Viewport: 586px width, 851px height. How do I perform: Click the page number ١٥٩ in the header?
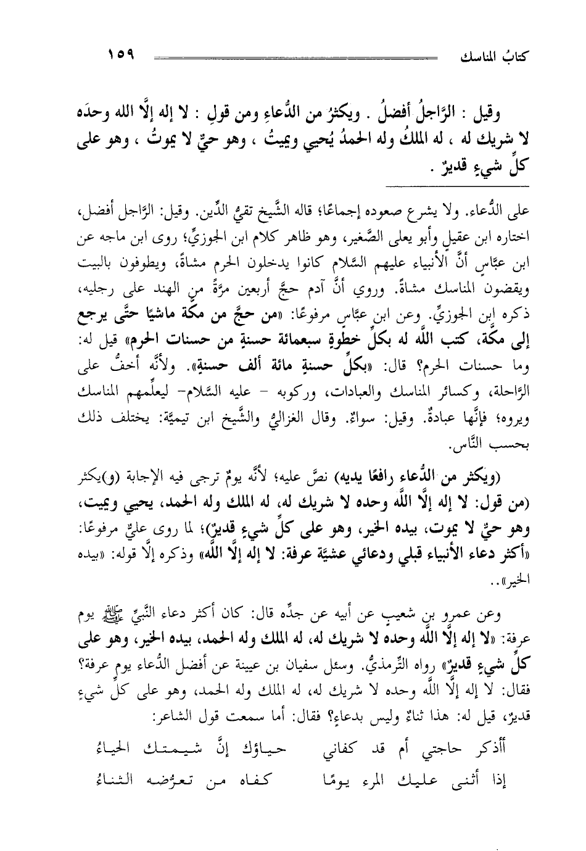[121, 55]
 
